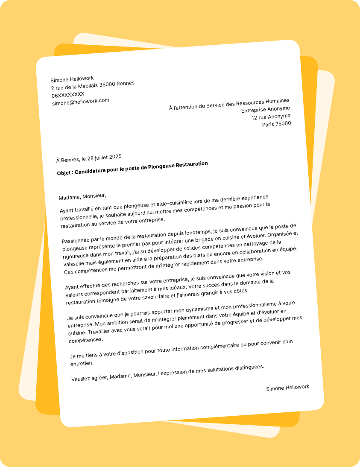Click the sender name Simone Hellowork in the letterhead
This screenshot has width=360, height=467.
point(72,79)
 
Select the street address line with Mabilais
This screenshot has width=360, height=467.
point(93,86)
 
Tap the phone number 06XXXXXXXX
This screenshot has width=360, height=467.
point(68,94)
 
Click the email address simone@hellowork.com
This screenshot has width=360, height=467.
point(81,102)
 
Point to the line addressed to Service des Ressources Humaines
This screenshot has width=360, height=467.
point(229,104)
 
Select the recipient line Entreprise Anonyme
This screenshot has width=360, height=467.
point(266,110)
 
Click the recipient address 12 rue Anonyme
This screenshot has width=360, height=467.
point(271,117)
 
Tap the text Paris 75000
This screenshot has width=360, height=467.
point(276,124)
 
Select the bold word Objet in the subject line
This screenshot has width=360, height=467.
point(65,173)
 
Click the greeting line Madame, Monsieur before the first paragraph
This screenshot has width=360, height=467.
point(82,196)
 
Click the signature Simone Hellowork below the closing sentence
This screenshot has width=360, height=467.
point(287,388)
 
